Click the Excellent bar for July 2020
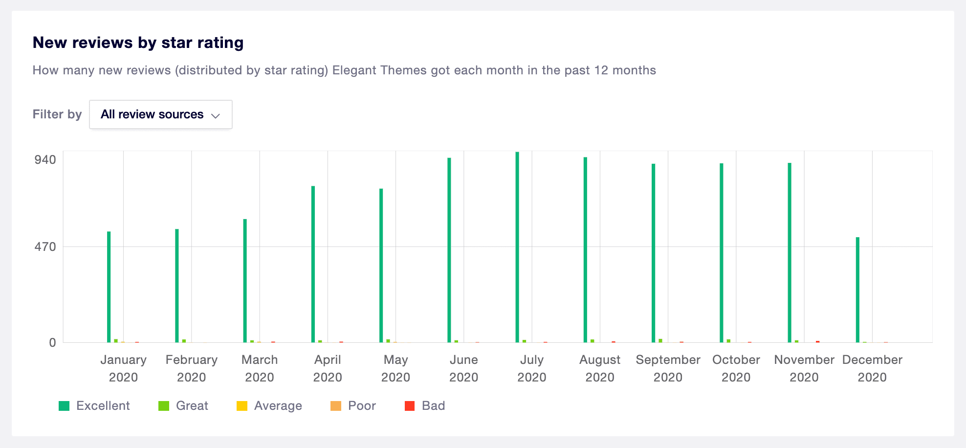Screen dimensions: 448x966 point(517,247)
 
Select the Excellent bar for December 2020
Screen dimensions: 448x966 point(857,290)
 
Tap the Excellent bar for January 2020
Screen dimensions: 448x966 point(109,287)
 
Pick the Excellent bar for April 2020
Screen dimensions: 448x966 point(313,264)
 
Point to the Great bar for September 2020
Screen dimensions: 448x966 point(660,340)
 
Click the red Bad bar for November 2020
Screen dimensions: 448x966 point(817,341)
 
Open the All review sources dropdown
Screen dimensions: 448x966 point(160,114)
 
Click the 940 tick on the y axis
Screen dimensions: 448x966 point(45,160)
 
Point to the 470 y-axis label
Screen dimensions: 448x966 point(45,247)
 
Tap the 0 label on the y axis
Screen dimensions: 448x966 point(52,343)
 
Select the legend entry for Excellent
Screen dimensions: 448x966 point(94,406)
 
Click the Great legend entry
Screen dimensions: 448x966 point(184,406)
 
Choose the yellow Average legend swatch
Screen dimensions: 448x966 point(242,406)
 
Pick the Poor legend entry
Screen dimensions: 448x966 point(353,406)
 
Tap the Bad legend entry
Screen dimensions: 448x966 point(425,406)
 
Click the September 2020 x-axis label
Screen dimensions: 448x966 point(668,368)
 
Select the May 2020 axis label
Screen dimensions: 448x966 point(395,368)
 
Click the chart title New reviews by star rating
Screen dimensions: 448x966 point(138,43)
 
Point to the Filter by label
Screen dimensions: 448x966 point(57,114)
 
